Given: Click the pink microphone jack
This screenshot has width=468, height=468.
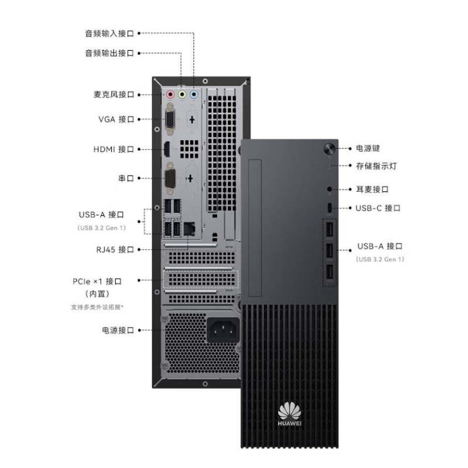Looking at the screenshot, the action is pos(170,95).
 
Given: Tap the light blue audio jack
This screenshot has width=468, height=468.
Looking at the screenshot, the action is pos(194,95).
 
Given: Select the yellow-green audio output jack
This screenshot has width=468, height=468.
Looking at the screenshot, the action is pos(182,95).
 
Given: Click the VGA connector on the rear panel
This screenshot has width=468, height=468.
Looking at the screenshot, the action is pos(170,119).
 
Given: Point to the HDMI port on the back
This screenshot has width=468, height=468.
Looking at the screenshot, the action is pos(167,149).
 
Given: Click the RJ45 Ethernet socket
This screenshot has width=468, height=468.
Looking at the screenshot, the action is pos(189,229).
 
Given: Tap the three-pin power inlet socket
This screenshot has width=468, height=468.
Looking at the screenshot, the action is pos(223,330).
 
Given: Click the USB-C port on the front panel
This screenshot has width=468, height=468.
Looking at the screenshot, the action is pos(329,208).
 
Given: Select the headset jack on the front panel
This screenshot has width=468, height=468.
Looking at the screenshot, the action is pos(329,189).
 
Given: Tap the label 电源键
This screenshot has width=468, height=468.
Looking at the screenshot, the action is pos(368,149).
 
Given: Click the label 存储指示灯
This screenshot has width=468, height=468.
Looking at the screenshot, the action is pos(376,166).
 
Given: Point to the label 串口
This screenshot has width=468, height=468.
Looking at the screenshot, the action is pos(126,178).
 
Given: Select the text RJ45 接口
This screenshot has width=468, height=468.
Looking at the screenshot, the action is pos(115,250).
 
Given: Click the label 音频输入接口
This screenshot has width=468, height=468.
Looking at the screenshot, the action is pos(109,33).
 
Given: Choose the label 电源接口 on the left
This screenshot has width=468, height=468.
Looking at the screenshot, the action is pos(118,330).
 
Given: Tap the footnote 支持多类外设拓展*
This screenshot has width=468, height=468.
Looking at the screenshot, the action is pos(97,307).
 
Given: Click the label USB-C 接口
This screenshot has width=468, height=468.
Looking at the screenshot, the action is pos(378,208).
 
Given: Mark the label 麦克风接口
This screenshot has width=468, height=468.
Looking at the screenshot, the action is pos(113,95).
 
